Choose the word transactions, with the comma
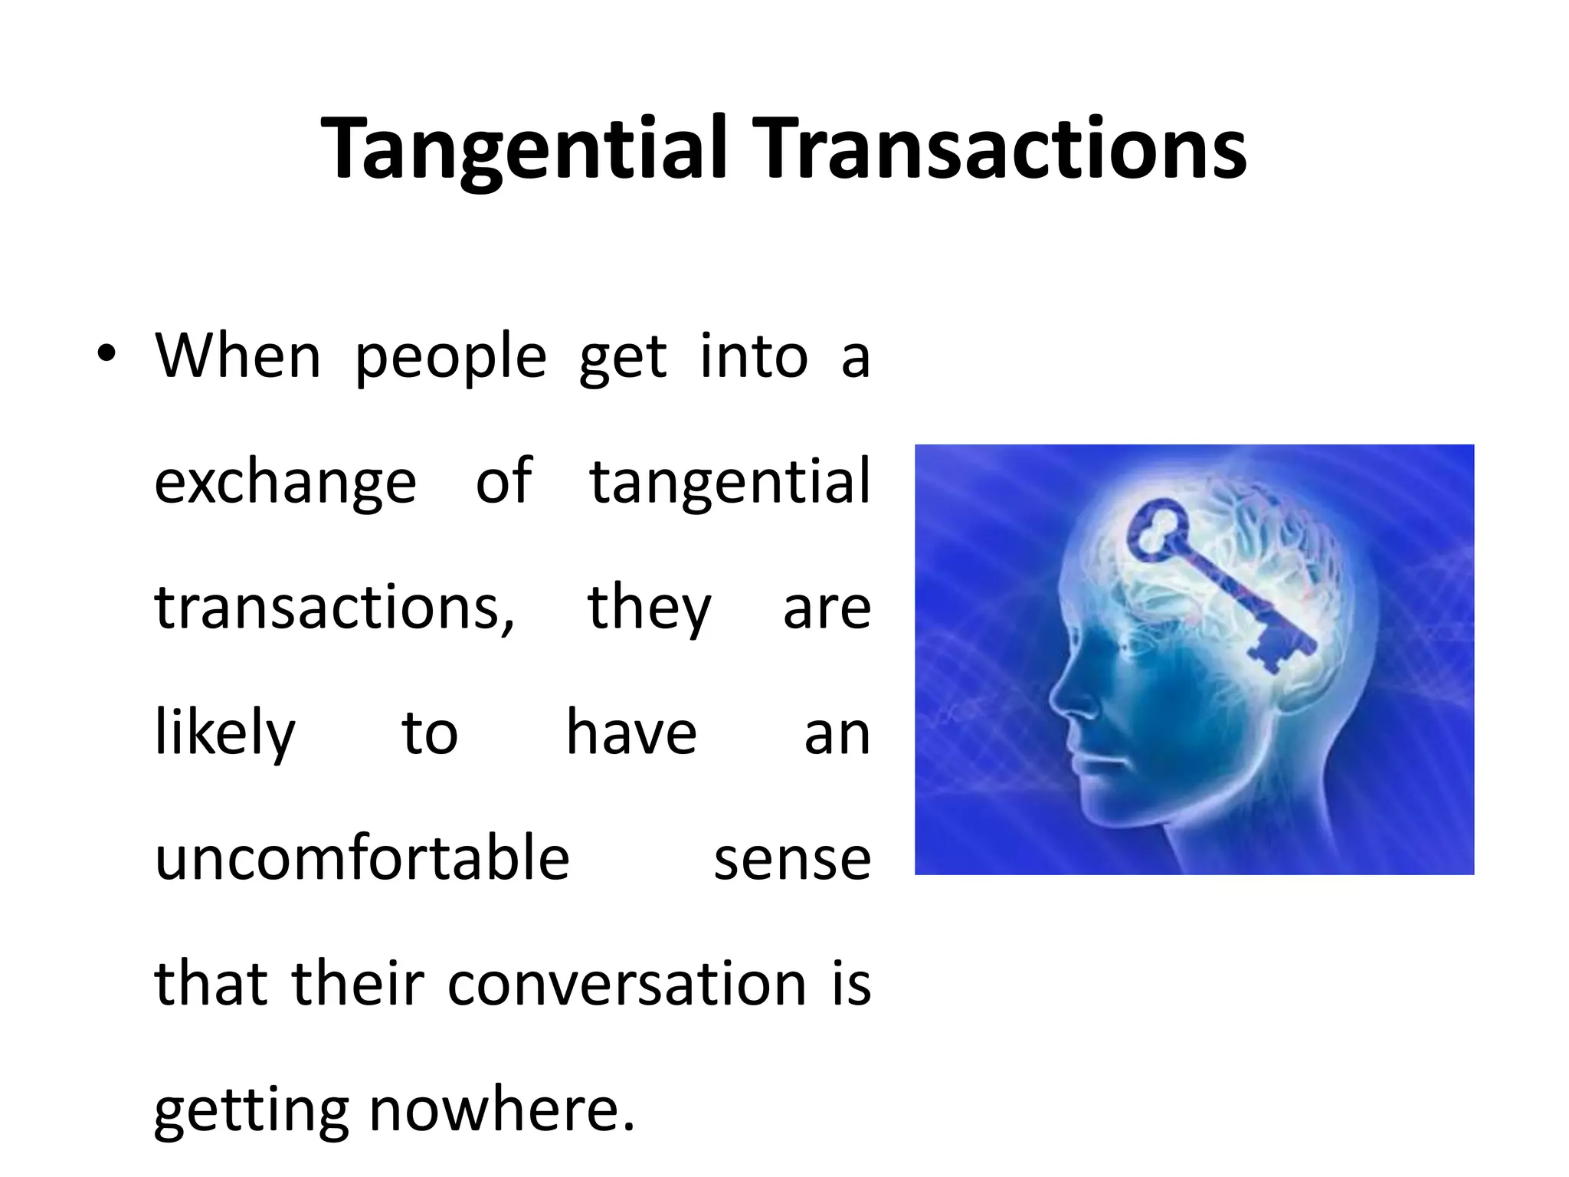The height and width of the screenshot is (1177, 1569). click(335, 608)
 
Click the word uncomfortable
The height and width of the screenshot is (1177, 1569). click(362, 858)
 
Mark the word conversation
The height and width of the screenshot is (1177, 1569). click(626, 984)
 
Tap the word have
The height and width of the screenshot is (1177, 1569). click(631, 733)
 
